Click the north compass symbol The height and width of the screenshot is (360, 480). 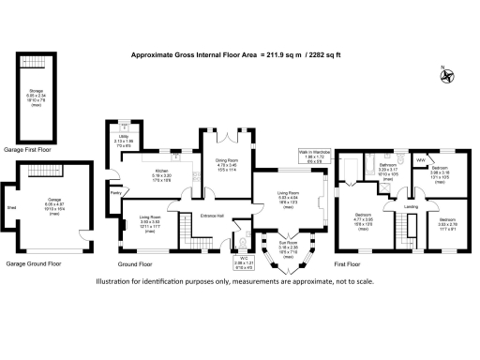coord(448,74)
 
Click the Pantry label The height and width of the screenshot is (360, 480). coord(116,193)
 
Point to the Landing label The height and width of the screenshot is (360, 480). coord(410,206)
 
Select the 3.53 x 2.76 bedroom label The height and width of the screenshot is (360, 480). coord(448,223)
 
